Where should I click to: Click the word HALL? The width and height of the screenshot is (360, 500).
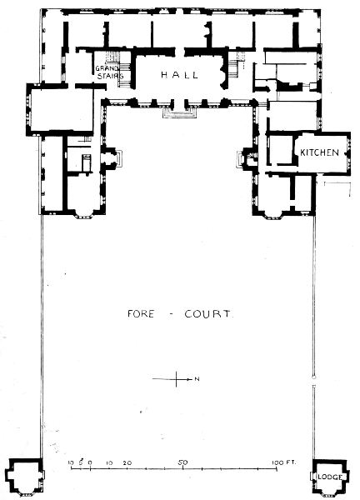(x=179, y=75)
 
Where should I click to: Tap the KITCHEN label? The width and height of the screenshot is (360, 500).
(x=319, y=152)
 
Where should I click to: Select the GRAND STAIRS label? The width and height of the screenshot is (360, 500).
(x=110, y=72)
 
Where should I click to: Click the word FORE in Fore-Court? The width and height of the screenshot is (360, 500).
(x=141, y=314)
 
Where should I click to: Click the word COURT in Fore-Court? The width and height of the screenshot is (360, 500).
(x=207, y=314)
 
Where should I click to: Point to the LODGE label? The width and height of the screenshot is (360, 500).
(x=330, y=477)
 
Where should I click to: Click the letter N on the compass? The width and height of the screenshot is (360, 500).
(x=197, y=379)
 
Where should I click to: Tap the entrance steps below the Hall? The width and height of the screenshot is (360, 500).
(x=179, y=112)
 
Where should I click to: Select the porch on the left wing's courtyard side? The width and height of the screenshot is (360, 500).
(x=114, y=158)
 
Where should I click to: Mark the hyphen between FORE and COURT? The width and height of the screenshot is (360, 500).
(x=170, y=314)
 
